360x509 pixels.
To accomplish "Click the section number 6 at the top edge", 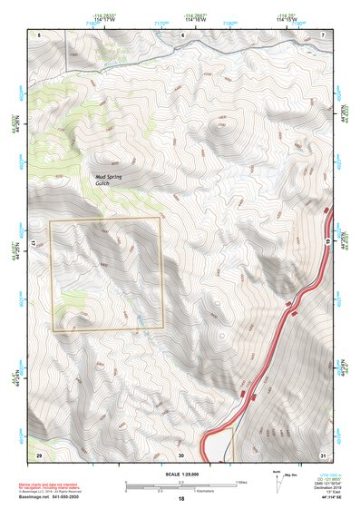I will coord(181,34).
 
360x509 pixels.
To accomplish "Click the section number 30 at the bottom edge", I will coord(181,454).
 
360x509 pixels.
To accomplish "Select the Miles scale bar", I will coord(181,483).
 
